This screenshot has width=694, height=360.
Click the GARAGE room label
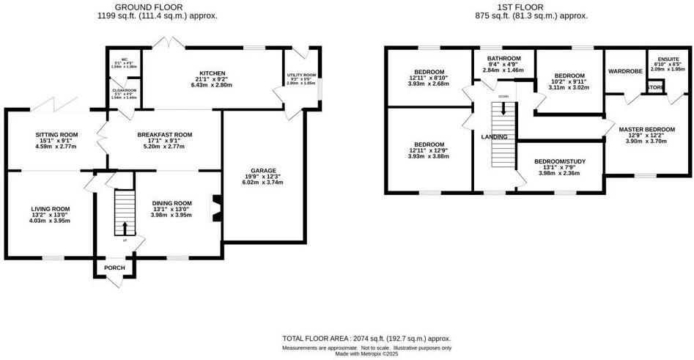click(262, 171)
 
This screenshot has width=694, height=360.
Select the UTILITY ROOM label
click(301, 75)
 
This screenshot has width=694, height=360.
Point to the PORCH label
click(114, 268)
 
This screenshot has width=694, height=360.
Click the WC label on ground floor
click(124, 58)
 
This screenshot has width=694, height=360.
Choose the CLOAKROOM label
click(124, 89)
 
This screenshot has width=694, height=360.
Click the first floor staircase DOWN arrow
click(503, 109)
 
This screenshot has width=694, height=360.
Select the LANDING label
click(494, 137)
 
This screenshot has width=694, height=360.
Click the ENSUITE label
click(668, 59)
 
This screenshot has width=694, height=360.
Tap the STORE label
click(654, 88)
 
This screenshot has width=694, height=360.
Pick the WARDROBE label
click(625, 72)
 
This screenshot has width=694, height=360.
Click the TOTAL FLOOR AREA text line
click(366, 338)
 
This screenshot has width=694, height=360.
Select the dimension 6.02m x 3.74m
click(262, 183)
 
